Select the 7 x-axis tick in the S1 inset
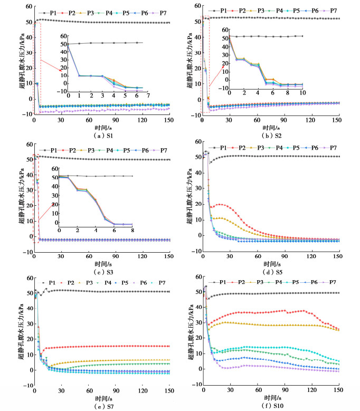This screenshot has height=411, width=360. pos(148,95)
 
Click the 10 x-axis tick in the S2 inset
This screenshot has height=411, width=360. pos(302,92)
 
